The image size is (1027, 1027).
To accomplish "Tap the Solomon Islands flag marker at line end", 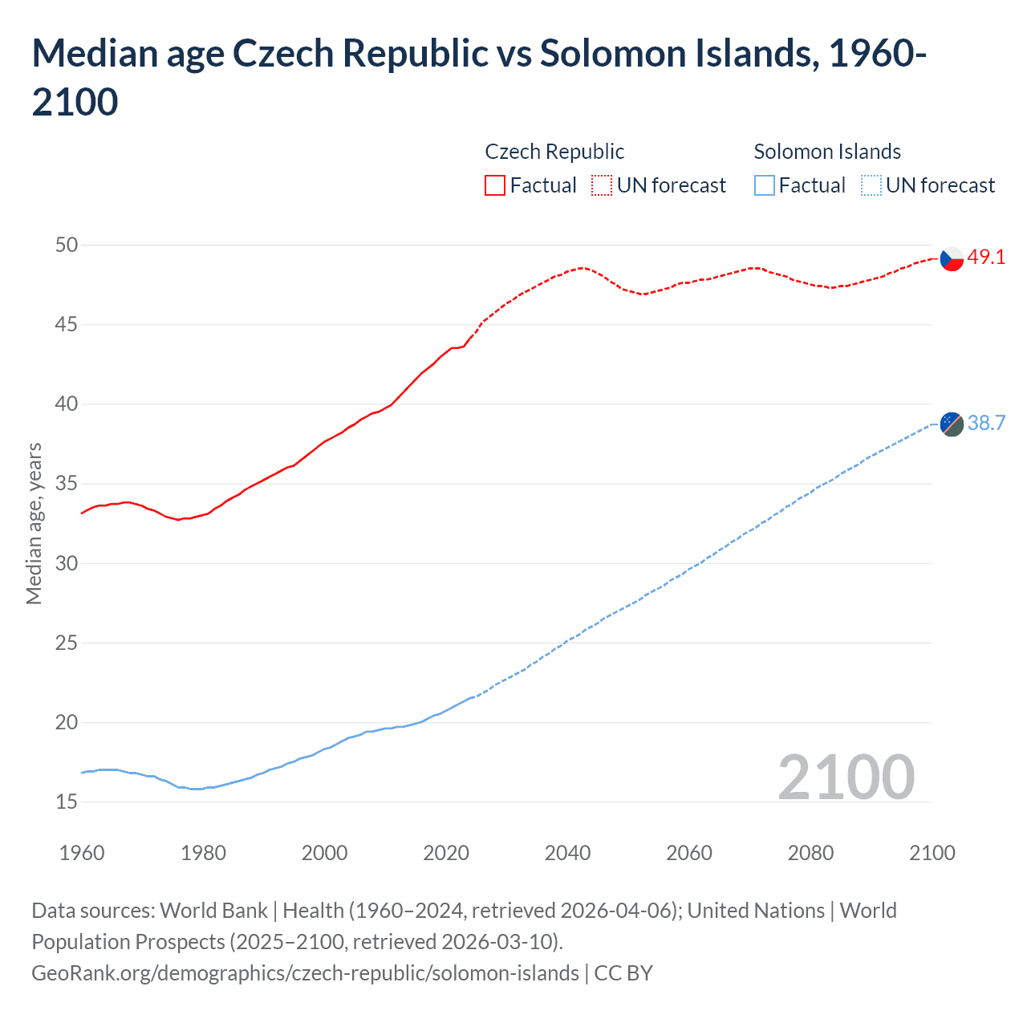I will [951, 424].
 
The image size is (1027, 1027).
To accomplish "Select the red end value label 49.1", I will [986, 258].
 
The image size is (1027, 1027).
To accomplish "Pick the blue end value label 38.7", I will [986, 423].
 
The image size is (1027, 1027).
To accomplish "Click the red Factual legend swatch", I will [495, 185].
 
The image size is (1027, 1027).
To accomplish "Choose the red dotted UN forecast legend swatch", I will [602, 185].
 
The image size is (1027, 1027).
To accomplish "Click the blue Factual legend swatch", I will [765, 185].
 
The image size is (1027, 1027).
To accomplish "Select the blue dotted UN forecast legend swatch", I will [871, 185].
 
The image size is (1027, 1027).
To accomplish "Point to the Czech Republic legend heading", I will [554, 152].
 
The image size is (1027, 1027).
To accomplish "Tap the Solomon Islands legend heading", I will [827, 152].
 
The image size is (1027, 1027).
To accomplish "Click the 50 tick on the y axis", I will [67, 245].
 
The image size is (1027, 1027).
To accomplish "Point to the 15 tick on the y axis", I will [67, 802].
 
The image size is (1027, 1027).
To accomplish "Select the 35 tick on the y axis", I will [67, 484].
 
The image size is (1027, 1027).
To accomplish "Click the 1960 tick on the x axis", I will [82, 853].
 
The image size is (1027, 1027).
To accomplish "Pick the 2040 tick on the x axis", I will [567, 853].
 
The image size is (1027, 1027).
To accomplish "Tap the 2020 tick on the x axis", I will [446, 853].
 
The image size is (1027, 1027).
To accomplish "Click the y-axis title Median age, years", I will [34, 523].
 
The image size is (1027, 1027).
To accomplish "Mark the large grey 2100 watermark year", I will [846, 777].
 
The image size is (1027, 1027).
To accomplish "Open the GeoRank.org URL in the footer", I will [305, 973].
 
